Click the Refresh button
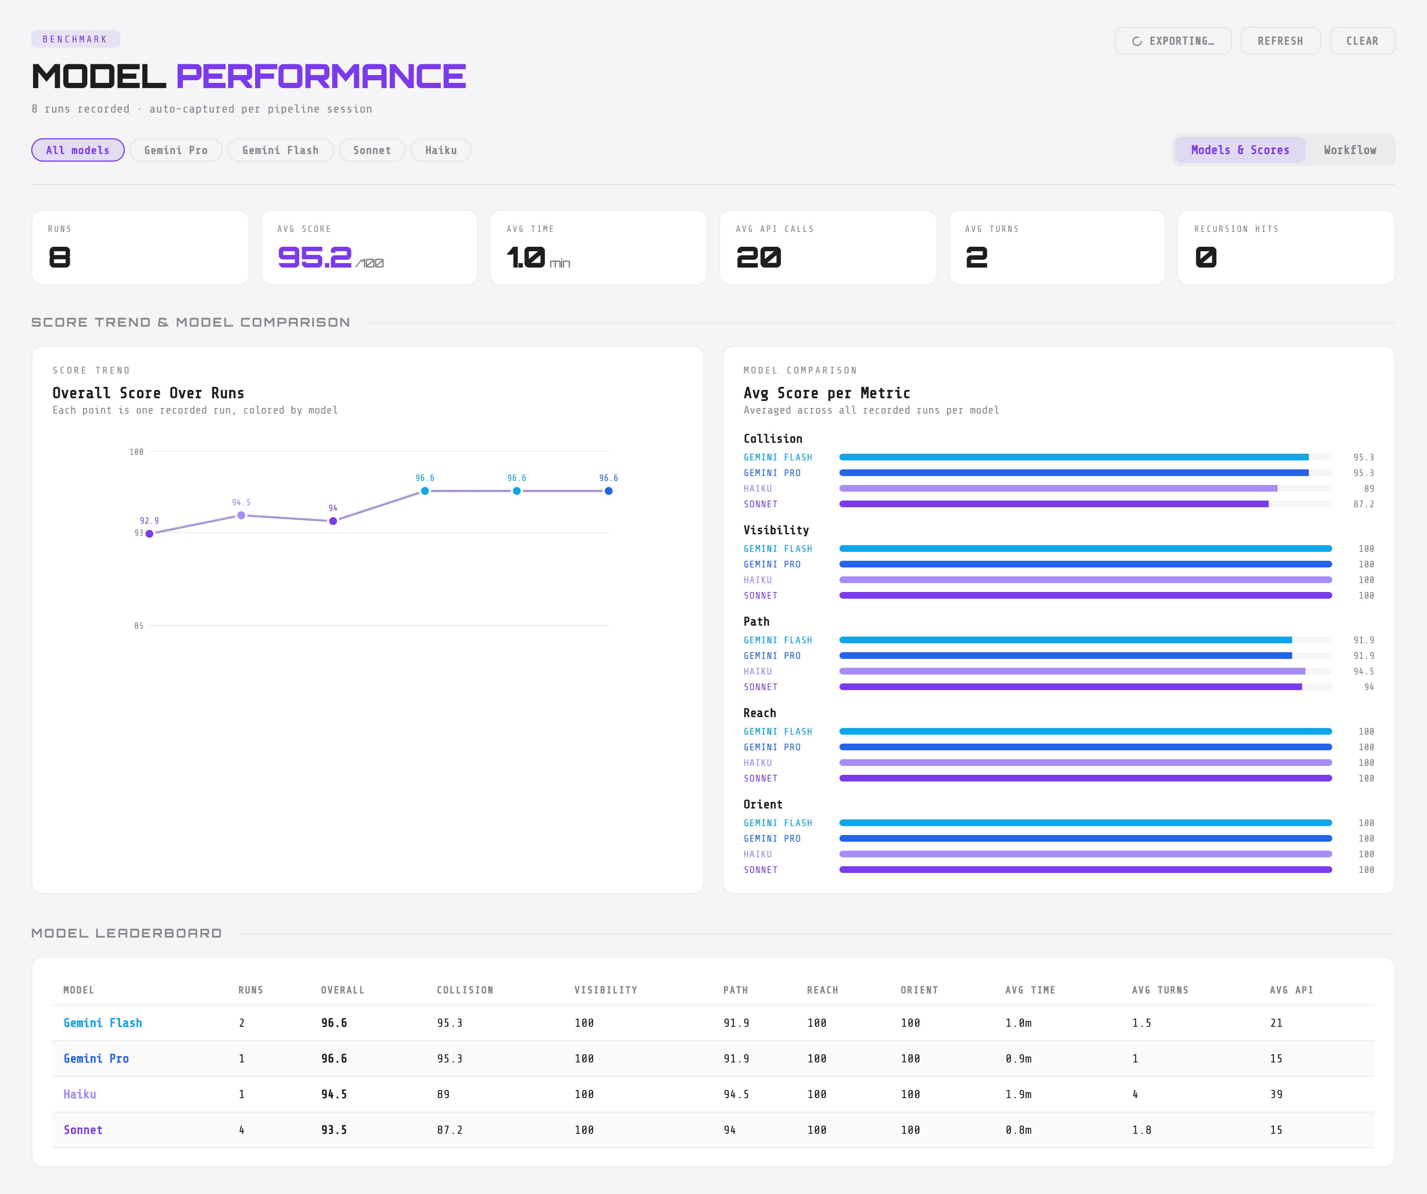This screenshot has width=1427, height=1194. point(1280,41)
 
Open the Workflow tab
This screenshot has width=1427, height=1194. point(1350,150)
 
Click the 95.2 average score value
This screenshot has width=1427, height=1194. point(315,258)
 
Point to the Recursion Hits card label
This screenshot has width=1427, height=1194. point(1236,229)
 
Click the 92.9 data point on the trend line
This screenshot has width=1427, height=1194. point(149,534)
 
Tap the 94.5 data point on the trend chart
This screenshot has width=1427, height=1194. point(241,515)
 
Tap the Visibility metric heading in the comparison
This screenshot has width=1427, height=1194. point(776,530)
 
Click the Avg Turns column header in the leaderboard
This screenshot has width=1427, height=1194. point(1160,990)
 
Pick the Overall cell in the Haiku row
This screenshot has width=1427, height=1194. point(334,1094)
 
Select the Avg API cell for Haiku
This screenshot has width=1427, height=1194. point(1276,1094)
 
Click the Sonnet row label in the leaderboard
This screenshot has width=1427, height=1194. point(83,1130)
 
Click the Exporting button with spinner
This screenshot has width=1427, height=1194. point(1173,41)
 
